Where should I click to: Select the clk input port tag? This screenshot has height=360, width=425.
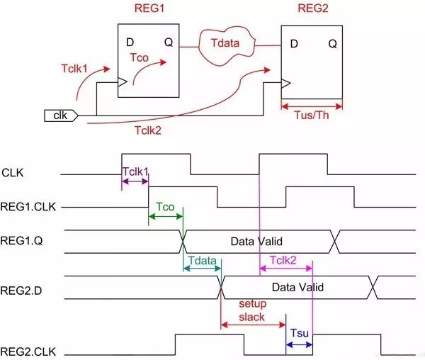tap(59, 113)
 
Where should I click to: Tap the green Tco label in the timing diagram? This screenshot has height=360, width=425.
tap(165, 207)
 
